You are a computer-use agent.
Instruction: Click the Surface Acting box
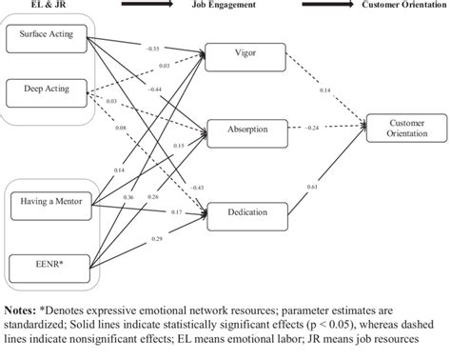click(45, 39)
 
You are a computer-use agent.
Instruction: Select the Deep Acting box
click(45, 91)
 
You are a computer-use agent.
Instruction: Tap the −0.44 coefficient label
click(153, 89)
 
